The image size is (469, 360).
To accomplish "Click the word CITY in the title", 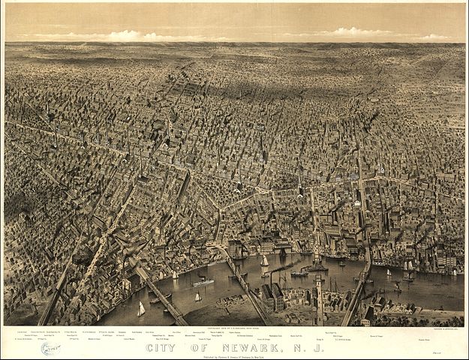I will [161, 347].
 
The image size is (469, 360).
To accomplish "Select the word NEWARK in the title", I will [251, 347].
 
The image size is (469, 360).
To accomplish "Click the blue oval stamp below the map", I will [50, 349].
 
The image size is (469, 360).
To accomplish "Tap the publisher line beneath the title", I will [234, 355].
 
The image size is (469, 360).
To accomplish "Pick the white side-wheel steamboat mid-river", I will [203, 282].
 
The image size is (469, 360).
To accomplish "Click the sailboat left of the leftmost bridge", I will [140, 309].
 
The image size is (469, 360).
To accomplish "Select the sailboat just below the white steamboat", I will [198, 297].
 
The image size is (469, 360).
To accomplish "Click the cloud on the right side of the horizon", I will [353, 32].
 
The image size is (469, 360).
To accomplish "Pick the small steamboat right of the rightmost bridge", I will [397, 286].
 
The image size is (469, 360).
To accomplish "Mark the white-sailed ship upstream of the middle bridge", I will [265, 261].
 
